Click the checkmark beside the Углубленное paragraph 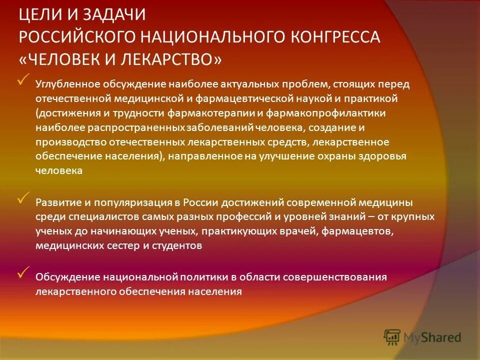[x=23, y=80]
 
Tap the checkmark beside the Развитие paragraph [x=23, y=198]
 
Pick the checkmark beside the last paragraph [x=23, y=272]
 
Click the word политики [x=201, y=277]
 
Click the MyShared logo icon [x=392, y=337]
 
